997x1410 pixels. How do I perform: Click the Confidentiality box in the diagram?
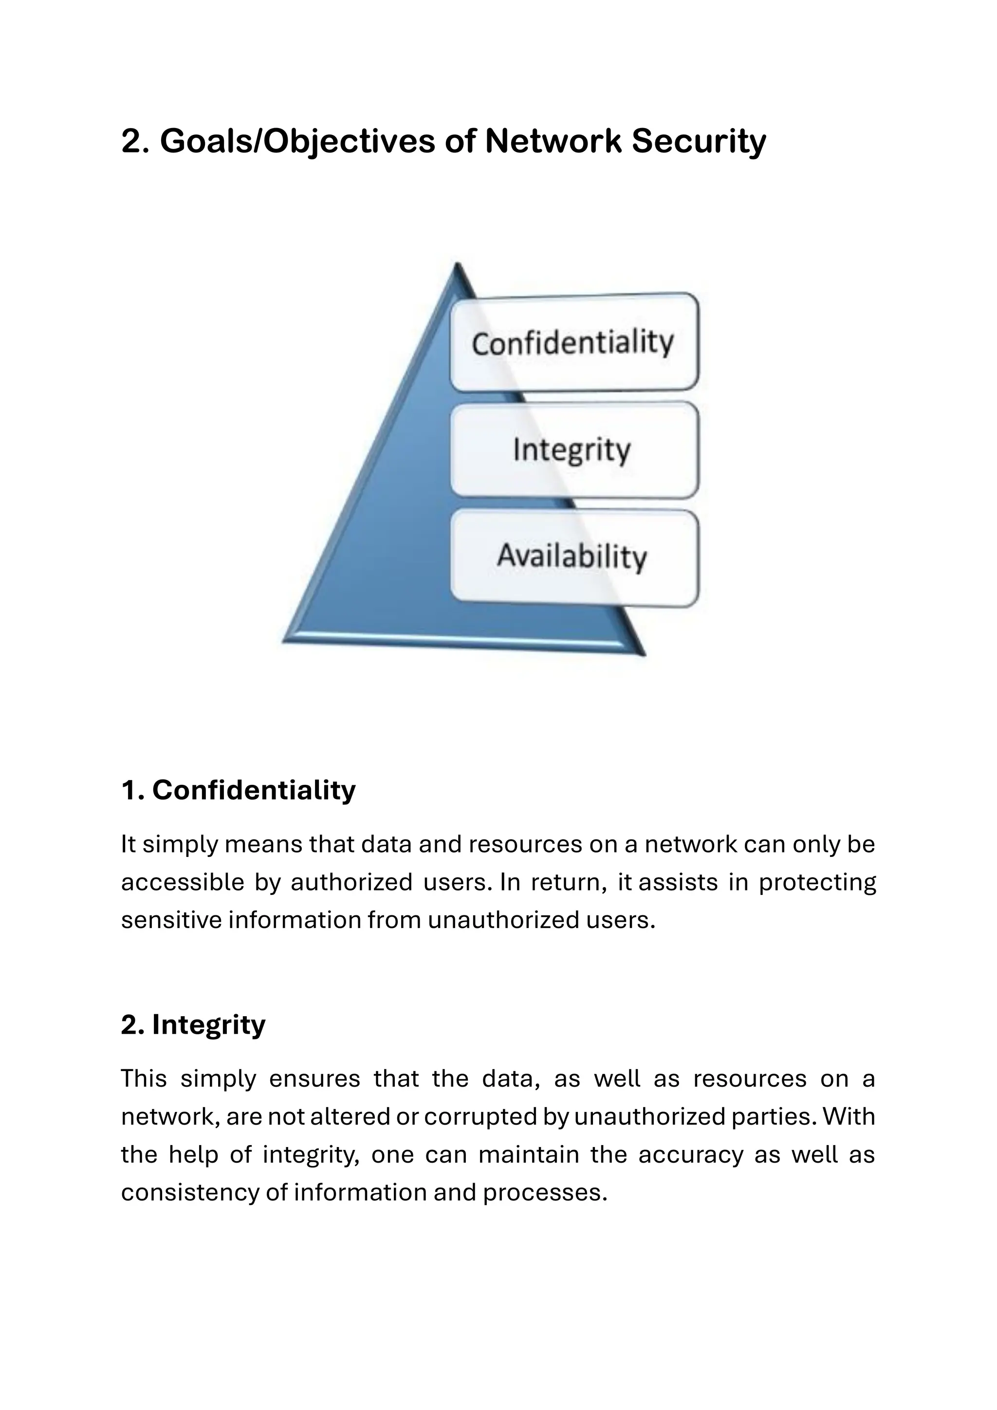coord(574,342)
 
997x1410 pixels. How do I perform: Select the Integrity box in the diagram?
coord(574,449)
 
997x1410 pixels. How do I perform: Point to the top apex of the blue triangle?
coord(457,265)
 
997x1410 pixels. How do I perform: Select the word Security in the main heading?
coord(699,141)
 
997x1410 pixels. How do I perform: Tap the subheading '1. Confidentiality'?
coord(238,790)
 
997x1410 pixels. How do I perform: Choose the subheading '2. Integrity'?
coord(193,1024)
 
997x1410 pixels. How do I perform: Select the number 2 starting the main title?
coord(131,141)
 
